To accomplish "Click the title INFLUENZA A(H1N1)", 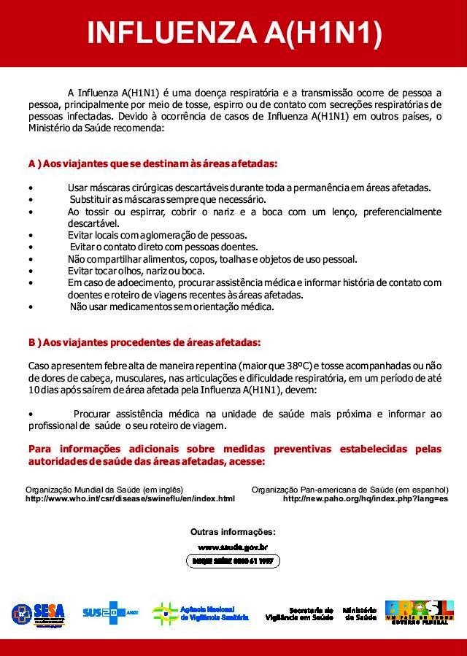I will [233, 34].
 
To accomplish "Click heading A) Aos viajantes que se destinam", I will [153, 163].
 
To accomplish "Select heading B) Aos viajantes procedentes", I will [144, 341].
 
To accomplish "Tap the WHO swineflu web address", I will [130, 499].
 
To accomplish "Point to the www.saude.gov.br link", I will [233, 547].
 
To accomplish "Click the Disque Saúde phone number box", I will [233, 561].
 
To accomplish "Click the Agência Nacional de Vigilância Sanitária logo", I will [201, 613].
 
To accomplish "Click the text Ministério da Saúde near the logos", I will [359, 614].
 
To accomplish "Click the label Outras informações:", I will [233, 531].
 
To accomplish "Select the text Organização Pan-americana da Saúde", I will [350, 489].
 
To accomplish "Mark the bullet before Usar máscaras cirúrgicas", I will [30, 188].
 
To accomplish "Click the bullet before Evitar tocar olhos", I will [30, 271].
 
